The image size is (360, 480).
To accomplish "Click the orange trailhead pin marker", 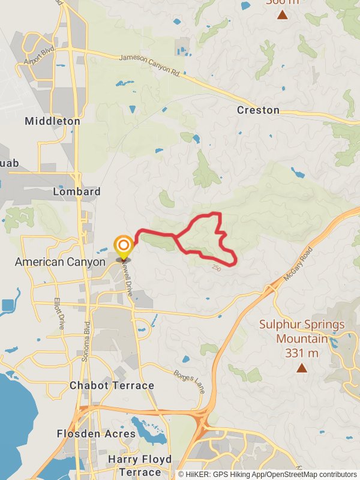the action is (124, 246).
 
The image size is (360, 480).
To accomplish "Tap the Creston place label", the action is (258, 110).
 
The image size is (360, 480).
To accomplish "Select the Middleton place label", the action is (52, 121).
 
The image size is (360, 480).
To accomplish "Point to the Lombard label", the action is (76, 192).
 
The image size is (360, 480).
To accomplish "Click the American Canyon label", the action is (60, 262).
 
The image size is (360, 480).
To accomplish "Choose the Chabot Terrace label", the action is (112, 385).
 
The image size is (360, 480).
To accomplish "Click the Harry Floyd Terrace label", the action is (140, 466).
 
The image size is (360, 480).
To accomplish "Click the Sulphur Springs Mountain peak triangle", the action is (301, 368).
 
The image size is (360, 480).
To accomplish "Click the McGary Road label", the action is (299, 262).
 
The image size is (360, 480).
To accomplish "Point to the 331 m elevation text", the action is (302, 353).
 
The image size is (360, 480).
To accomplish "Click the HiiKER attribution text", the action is (267, 475).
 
